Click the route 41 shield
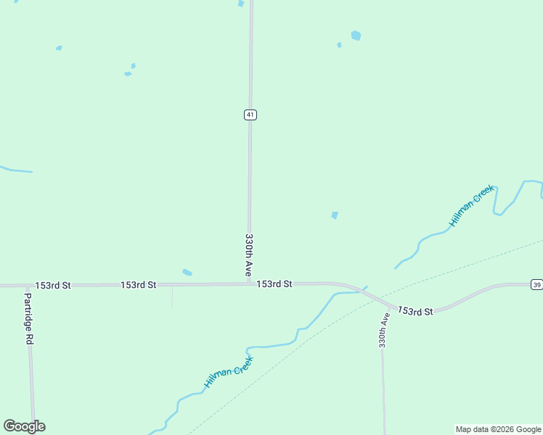[x=250, y=115]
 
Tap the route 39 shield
[x=536, y=283]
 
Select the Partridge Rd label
[x=28, y=318]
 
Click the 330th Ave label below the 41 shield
[x=248, y=254]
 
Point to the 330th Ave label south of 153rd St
[x=383, y=330]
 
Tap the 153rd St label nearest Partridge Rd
[x=53, y=286]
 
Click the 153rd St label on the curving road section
[x=415, y=311]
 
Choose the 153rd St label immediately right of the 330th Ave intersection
[x=274, y=284]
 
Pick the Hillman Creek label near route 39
[x=472, y=205]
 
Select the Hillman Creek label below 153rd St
[x=228, y=372]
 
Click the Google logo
[x=24, y=426]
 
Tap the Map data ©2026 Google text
[x=498, y=429]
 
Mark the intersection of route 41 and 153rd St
[x=249, y=283]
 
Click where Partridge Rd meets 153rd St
[x=28, y=286]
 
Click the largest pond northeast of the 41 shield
[x=356, y=35]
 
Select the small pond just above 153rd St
[x=187, y=273]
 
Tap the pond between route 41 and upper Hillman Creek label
[x=335, y=215]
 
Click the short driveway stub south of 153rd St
[x=172, y=296]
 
